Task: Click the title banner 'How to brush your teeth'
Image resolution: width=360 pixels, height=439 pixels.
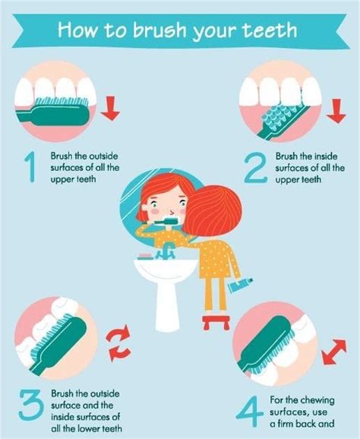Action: point(179,32)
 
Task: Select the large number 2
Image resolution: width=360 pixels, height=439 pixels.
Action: point(255,168)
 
